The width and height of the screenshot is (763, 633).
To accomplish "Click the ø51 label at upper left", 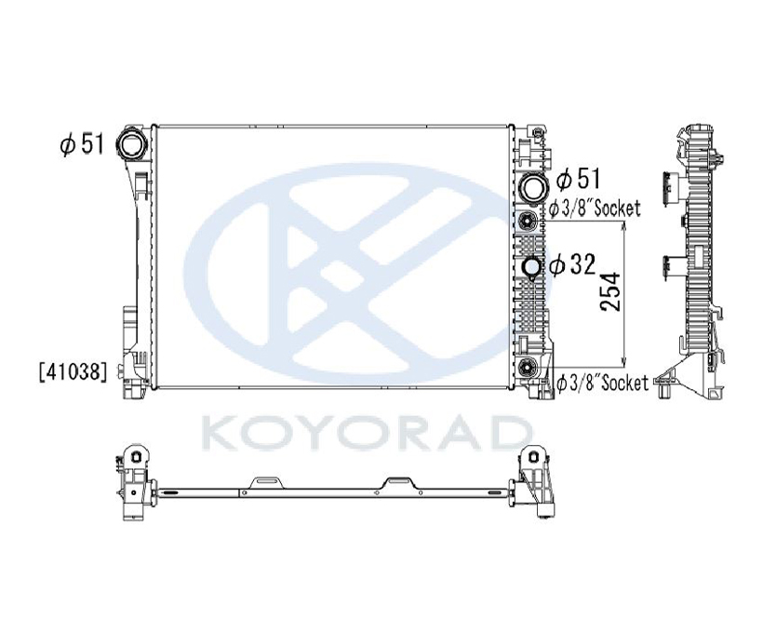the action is (82, 144).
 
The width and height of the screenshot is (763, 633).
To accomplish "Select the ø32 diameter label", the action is (573, 264).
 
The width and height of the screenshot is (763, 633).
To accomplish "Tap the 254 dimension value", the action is (610, 291).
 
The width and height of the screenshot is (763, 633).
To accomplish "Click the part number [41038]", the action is (73, 372).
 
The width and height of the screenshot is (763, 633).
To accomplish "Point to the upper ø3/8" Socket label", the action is (595, 209).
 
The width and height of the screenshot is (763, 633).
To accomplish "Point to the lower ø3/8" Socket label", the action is (602, 383).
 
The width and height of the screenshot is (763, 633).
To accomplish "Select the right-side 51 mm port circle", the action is (534, 186).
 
